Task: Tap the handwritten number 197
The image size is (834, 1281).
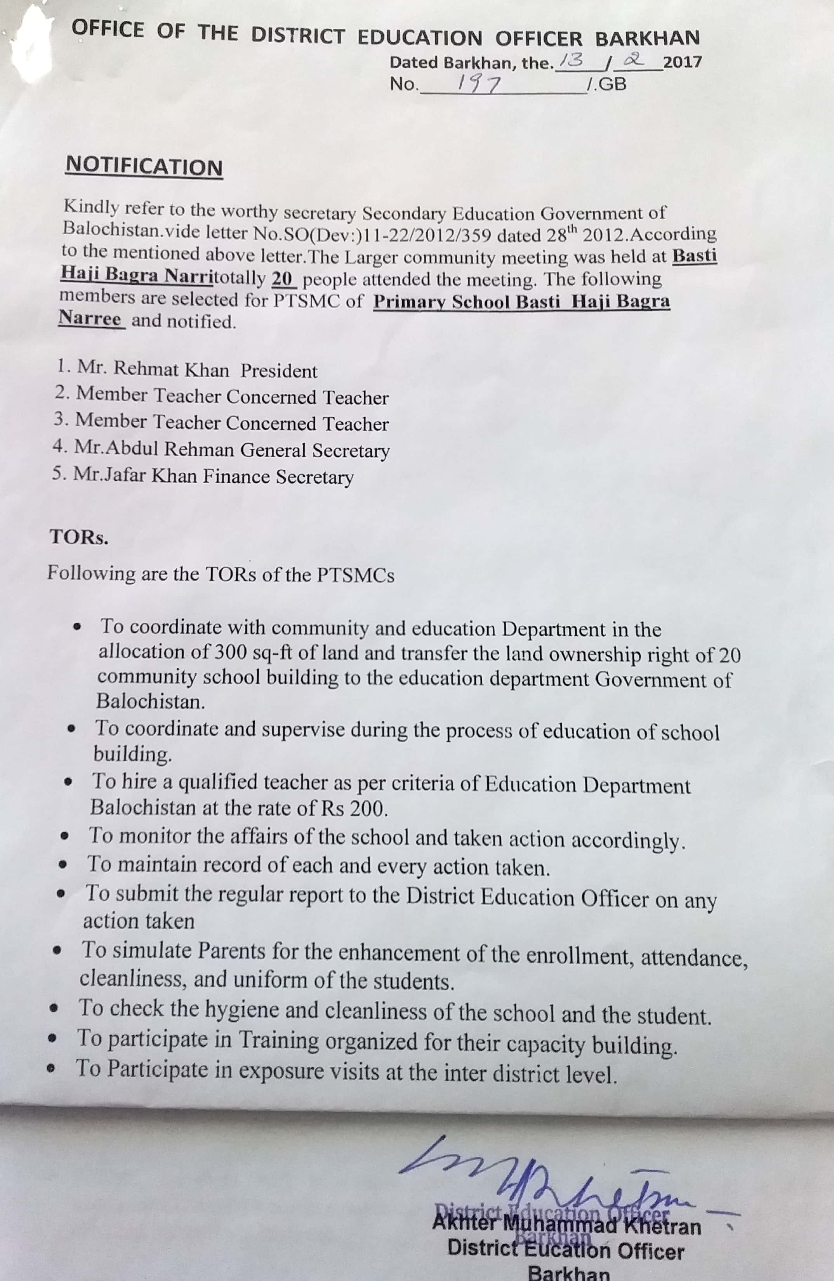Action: click(x=479, y=84)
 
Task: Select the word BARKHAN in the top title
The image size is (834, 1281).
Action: click(x=647, y=38)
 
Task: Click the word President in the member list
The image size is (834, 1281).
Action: click(x=278, y=371)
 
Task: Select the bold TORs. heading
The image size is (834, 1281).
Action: click(x=78, y=536)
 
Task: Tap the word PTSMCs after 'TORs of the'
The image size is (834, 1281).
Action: click(x=355, y=575)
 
